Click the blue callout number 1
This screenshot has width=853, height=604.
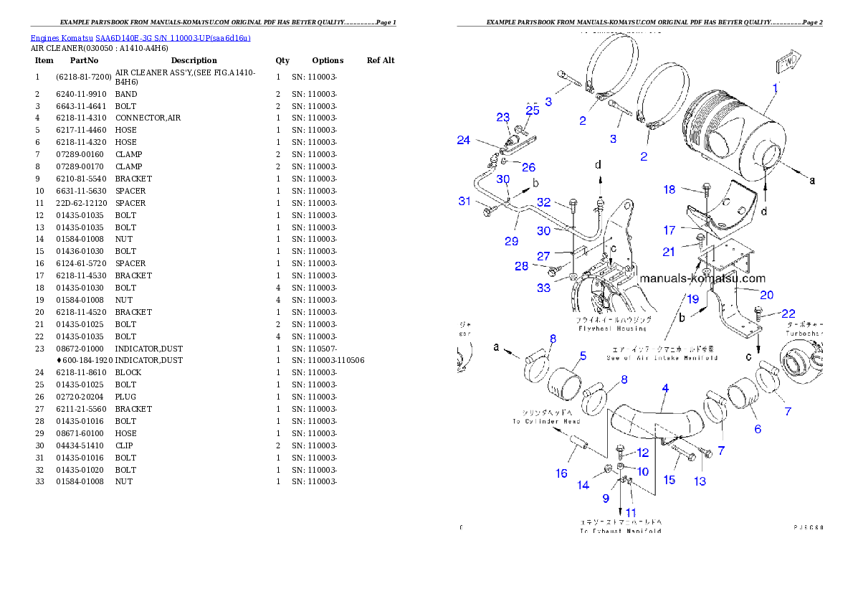click(775, 89)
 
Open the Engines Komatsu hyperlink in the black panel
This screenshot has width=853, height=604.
click(140, 38)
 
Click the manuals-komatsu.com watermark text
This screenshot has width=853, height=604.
click(702, 278)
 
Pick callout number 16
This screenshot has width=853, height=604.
click(561, 473)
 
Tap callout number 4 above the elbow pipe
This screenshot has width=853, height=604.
click(665, 388)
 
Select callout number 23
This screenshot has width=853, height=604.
click(502, 118)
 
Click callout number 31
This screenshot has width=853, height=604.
click(465, 202)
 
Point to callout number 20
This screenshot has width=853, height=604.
click(766, 295)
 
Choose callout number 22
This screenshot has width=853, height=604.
click(788, 313)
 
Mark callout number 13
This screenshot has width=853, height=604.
click(699, 481)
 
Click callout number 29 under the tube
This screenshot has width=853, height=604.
click(511, 241)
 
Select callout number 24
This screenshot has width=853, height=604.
click(464, 141)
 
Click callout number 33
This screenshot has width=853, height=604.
click(544, 288)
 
